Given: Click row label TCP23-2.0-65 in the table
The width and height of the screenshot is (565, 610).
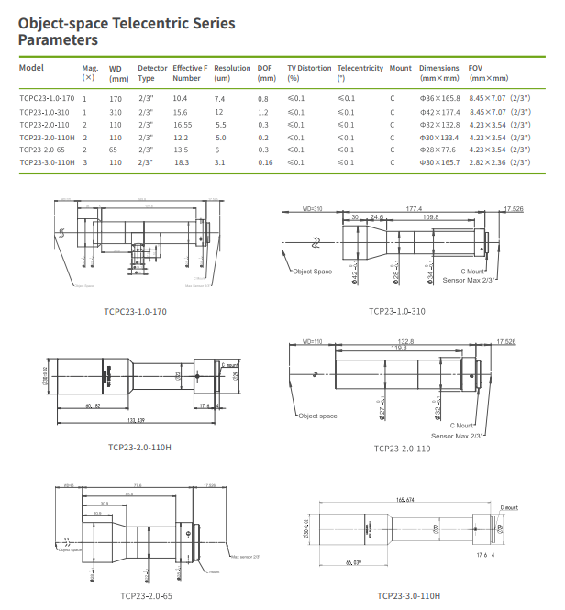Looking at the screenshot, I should tap(41, 149).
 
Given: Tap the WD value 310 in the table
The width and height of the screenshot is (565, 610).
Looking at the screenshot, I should tap(116, 111).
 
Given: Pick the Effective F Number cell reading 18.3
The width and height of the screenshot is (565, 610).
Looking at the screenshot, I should tap(182, 161).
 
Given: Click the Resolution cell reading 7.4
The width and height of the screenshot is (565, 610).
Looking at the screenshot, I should tap(219, 98).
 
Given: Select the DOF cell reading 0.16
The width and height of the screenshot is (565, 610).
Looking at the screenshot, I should tap(266, 161).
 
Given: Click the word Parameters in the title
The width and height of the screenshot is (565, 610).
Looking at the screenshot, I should tap(59, 40).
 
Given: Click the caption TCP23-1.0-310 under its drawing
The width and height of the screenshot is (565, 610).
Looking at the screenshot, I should tap(396, 310).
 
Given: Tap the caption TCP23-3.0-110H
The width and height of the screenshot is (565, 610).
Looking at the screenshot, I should tap(408, 595).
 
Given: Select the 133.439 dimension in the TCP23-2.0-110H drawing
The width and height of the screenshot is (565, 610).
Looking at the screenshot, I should tap(136, 421).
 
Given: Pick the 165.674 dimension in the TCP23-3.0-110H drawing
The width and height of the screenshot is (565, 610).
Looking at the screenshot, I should tap(406, 500).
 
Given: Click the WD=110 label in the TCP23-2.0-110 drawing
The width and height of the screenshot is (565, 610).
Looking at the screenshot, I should tap(313, 342).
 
